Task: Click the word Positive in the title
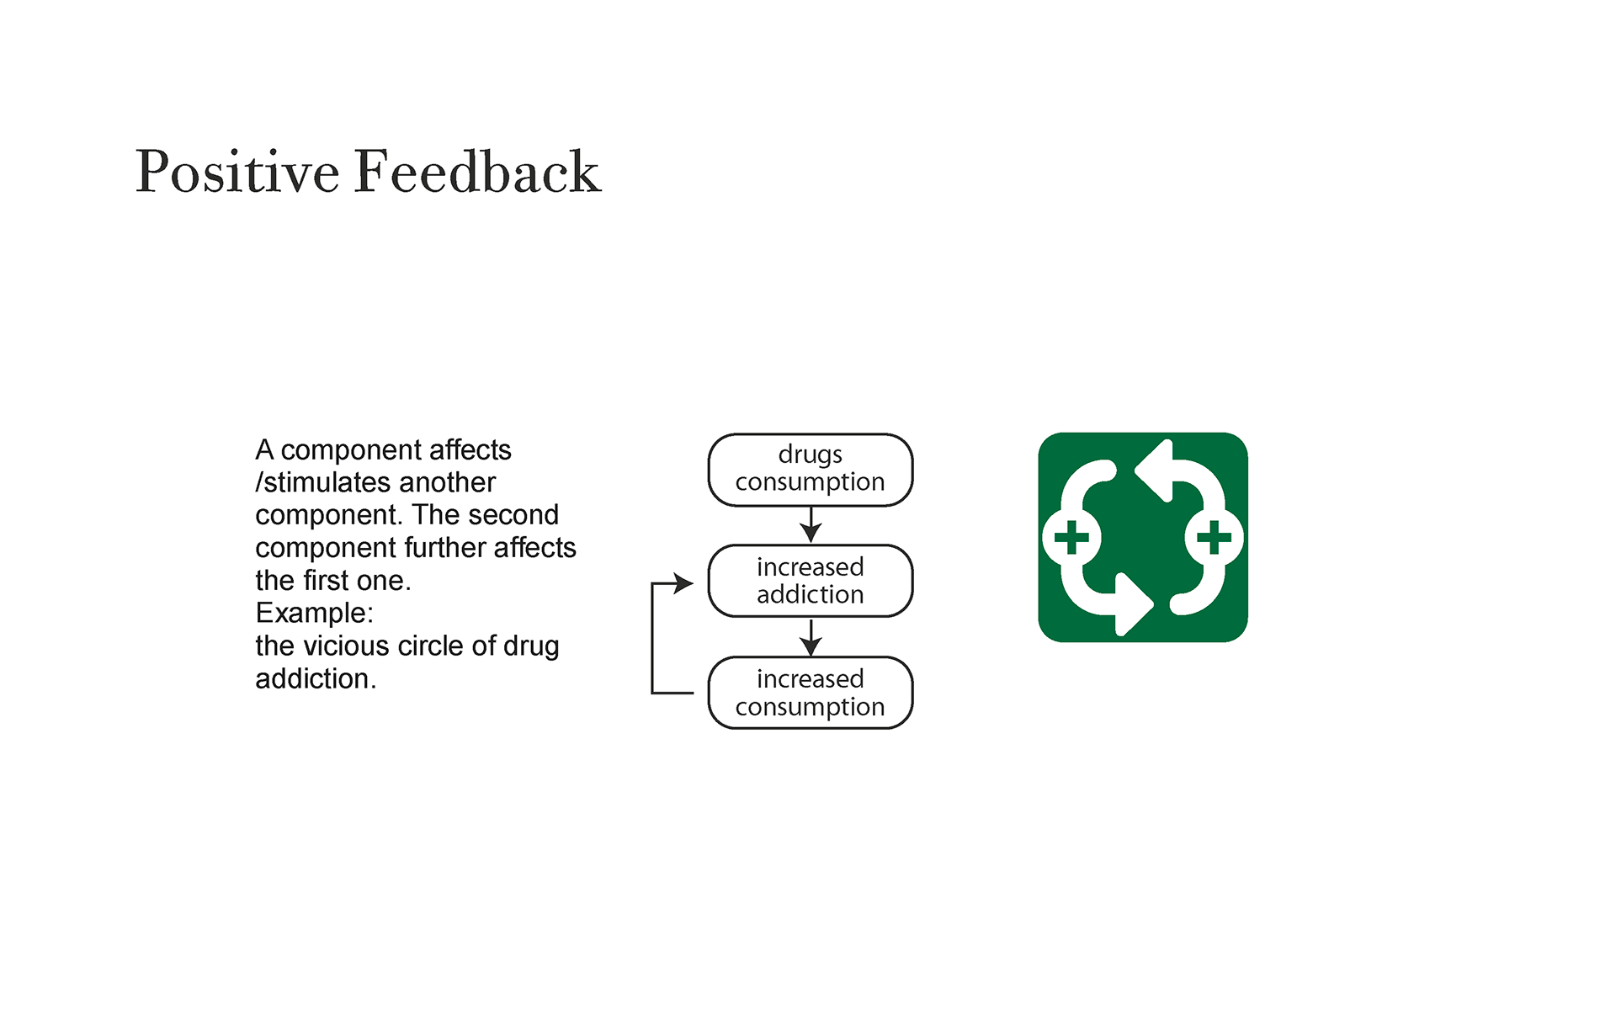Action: [237, 172]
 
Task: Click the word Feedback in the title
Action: [478, 171]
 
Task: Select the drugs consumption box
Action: [811, 470]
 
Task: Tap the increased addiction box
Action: [811, 581]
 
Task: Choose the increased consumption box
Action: [811, 693]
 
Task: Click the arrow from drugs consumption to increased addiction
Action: [811, 524]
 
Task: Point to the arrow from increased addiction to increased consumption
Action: [811, 637]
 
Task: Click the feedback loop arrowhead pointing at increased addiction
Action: [684, 582]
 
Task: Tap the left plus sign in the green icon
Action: [1071, 537]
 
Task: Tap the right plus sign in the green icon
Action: [1214, 537]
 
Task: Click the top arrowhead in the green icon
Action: [1154, 470]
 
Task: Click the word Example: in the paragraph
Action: [314, 614]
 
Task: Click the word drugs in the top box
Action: [810, 455]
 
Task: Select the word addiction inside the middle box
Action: [810, 594]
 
